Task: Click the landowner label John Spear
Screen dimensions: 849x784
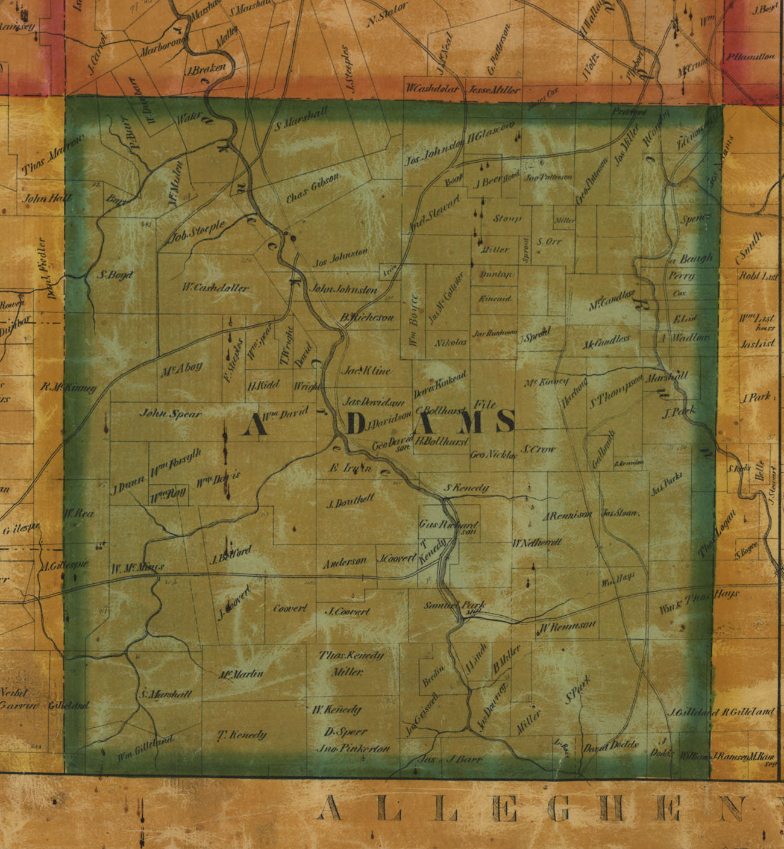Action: coord(171,414)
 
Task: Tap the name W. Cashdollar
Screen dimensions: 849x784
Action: coord(215,288)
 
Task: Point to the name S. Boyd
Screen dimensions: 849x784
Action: coord(114,275)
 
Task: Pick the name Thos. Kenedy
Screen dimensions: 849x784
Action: coord(351,656)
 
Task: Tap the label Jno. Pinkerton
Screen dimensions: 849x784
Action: coord(353,749)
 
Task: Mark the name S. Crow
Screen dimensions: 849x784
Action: coord(539,450)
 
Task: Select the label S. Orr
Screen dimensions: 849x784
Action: coord(549,242)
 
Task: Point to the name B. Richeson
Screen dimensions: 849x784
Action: coord(366,317)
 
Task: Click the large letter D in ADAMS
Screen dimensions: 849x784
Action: coord(357,424)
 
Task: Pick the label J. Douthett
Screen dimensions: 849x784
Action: coord(350,501)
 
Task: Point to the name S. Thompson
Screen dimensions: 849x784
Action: coord(615,391)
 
